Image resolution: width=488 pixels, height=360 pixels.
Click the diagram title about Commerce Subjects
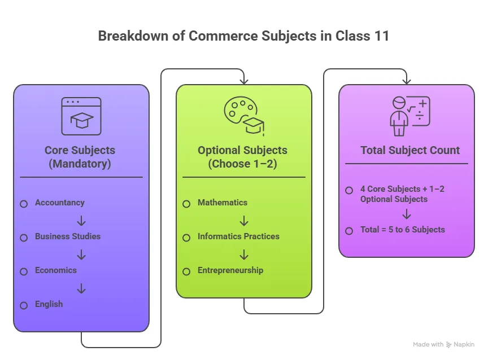(x=243, y=36)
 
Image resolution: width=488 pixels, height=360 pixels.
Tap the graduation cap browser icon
(x=81, y=116)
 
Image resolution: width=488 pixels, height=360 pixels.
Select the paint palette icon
(x=244, y=116)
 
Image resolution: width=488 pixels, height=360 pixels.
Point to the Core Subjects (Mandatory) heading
(x=80, y=157)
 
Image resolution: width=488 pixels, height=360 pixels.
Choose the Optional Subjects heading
(x=242, y=157)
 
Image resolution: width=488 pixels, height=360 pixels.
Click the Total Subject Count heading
(x=410, y=151)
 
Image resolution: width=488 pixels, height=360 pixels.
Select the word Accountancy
(x=59, y=203)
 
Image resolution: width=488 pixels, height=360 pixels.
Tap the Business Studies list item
(x=67, y=236)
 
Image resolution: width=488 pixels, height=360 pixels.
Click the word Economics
(x=55, y=270)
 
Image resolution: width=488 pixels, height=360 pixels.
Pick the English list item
(x=49, y=304)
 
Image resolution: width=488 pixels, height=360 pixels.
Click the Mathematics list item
(x=222, y=203)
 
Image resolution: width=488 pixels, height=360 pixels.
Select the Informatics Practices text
(x=238, y=236)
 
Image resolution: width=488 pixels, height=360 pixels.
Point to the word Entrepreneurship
(x=230, y=270)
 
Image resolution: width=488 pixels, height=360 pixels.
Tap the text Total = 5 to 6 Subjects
(x=402, y=230)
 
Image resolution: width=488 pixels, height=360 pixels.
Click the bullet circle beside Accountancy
(x=24, y=204)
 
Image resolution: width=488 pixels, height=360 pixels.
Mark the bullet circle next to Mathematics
(x=186, y=204)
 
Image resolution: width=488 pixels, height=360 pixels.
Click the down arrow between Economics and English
(x=81, y=288)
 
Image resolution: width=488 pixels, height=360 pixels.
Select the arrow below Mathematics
(x=244, y=221)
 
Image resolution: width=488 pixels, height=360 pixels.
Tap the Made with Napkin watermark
(x=443, y=344)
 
